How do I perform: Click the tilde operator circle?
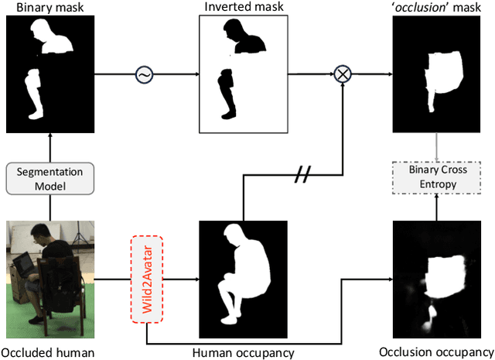click(x=143, y=74)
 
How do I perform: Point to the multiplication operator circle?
click(x=341, y=74)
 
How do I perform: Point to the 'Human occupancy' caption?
click(x=243, y=353)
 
